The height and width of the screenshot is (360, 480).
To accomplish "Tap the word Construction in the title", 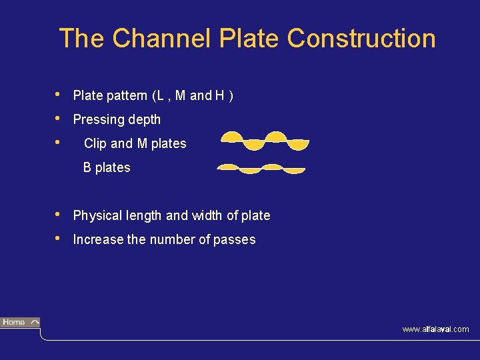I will click(x=361, y=39).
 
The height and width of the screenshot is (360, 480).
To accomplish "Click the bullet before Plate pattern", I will click(x=59, y=95).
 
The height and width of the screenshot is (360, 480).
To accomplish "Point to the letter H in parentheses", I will click(x=219, y=96).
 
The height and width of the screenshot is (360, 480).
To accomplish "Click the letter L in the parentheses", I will click(x=158, y=96).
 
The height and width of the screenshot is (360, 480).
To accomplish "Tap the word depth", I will click(x=143, y=120).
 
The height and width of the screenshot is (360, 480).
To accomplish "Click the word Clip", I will click(x=95, y=144).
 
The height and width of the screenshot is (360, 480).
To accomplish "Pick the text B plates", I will click(x=107, y=168).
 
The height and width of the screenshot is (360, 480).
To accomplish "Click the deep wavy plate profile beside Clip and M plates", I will click(x=265, y=141).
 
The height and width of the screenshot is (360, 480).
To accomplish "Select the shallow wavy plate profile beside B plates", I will click(x=261, y=168).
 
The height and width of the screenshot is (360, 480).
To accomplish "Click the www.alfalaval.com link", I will click(x=435, y=329).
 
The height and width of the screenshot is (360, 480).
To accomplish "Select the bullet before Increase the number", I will click(x=59, y=239).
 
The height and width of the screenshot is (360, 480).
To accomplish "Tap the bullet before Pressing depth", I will click(x=59, y=119).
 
